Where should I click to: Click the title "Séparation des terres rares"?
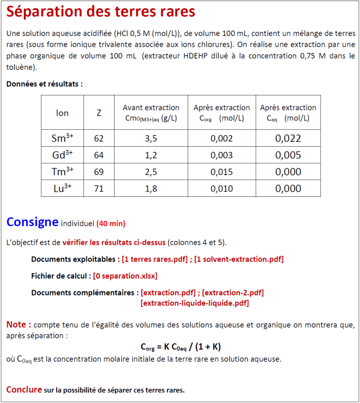pos(101,11)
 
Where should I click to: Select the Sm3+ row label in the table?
pos(62,138)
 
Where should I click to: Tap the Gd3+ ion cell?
pos(62,155)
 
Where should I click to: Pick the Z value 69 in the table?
pos(99,172)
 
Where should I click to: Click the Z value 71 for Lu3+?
pos(99,189)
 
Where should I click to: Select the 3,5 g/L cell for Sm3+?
pos(151,139)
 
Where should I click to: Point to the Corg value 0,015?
pos(221,172)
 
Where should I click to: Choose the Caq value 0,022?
pos(288,139)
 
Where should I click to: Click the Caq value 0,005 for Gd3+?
pos(288,155)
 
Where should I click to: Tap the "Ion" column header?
pos(62,113)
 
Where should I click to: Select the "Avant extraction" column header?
pos(151,108)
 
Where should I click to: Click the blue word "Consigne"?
pos(32,222)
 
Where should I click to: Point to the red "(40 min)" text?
pos(111,224)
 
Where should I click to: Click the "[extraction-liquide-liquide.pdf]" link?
pos(195,303)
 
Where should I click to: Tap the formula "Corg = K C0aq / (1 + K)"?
pos(181,347)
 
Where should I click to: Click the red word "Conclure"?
pos(24,389)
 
